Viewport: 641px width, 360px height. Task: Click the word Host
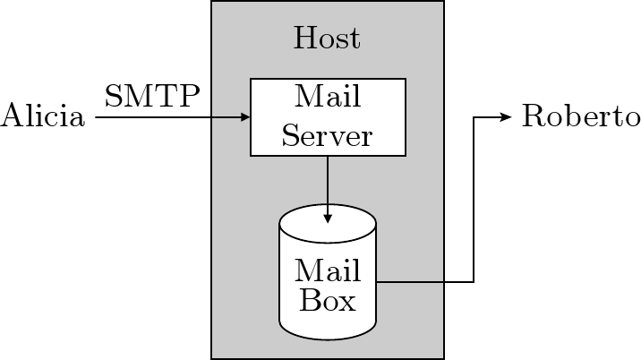327,39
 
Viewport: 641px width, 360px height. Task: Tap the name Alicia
43,117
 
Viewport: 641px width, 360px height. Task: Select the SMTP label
152,94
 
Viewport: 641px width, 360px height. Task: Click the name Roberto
581,117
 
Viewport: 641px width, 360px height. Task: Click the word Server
327,136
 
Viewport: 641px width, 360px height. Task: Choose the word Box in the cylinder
327,299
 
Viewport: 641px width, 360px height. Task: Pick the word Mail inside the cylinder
327,270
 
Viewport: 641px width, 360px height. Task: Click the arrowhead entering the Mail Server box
245,117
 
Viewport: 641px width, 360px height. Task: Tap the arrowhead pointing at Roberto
508,117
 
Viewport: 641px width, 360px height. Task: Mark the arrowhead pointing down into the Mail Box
328,218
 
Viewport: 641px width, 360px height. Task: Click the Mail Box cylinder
328,323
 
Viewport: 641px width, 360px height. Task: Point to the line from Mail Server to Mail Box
328,184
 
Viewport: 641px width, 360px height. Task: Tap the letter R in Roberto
532,117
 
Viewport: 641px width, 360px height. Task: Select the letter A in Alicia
11,117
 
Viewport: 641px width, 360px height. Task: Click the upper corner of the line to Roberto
473,117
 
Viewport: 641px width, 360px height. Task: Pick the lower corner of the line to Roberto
473,282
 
